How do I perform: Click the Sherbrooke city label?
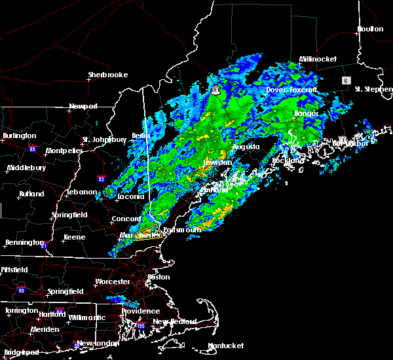pos(107,75)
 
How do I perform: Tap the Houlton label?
pos(370,29)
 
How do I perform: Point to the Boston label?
pos(159,277)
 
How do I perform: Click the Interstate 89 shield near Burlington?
pos(31,150)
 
